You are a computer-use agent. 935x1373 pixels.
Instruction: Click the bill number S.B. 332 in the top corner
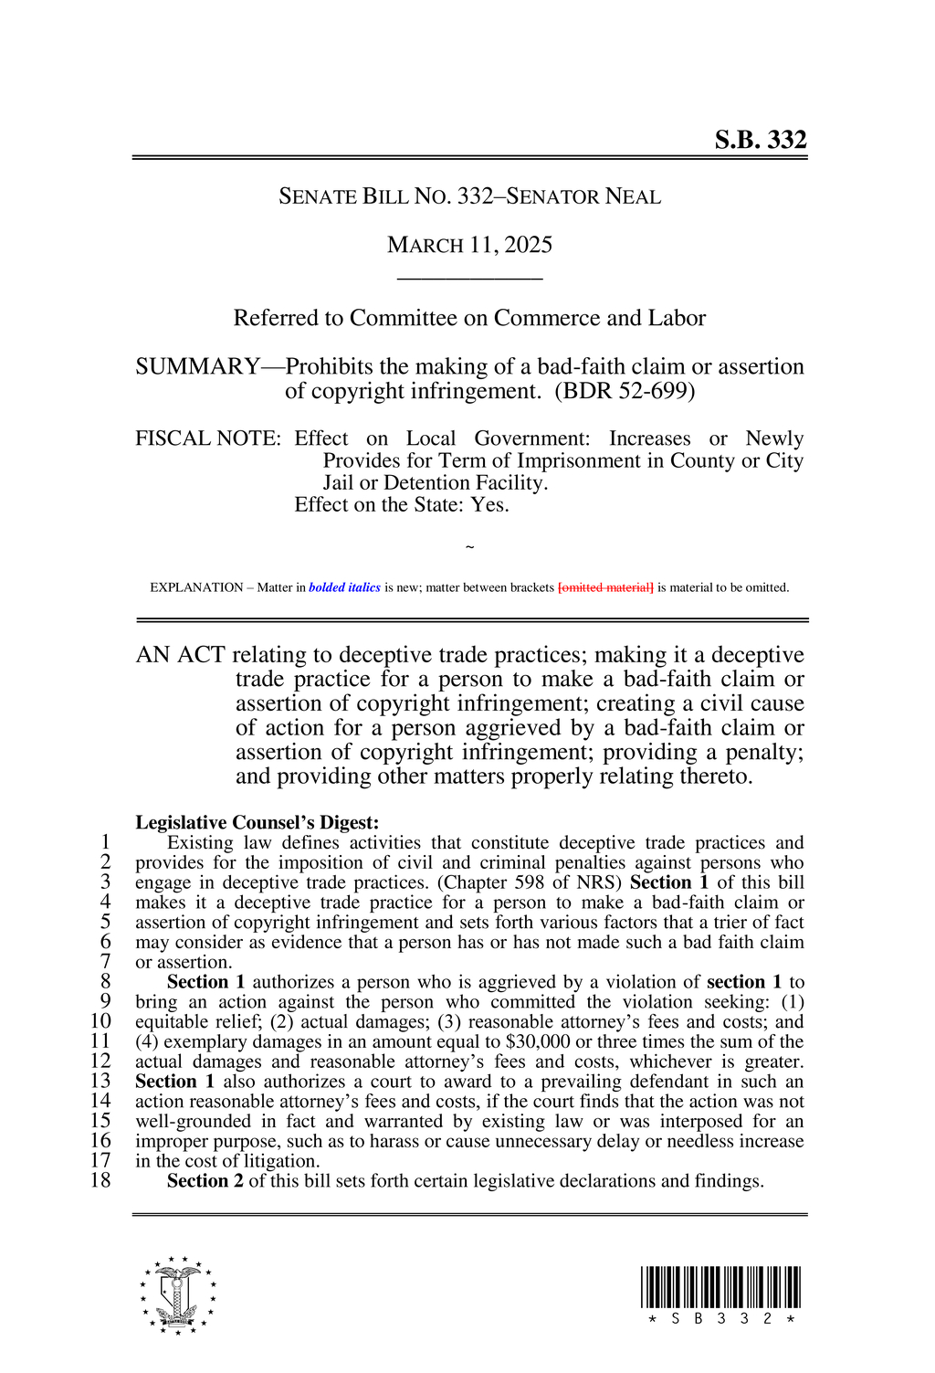pos(760,140)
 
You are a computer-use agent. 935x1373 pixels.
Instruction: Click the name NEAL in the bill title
pos(633,196)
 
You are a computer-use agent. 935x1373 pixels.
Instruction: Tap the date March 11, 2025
pos(469,245)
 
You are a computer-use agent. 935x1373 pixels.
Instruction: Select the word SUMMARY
pos(197,366)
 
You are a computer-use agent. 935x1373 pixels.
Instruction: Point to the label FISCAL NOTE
pos(207,438)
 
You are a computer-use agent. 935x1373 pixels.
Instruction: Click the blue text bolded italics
pos(344,587)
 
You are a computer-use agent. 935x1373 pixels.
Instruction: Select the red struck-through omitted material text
pos(605,587)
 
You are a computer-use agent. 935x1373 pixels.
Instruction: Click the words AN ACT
pos(180,655)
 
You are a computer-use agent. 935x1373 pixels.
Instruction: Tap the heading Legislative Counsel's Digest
pos(257,822)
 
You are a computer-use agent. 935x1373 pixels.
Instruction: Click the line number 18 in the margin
pos(100,1180)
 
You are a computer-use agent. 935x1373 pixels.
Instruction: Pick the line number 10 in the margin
pos(100,1021)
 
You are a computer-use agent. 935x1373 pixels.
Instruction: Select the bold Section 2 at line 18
pos(205,1180)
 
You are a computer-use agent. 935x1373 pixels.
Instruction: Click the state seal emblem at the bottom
pos(178,1294)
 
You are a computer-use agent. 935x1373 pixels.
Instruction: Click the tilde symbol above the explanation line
pos(469,547)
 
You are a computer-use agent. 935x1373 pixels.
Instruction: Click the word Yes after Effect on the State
pos(489,505)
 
